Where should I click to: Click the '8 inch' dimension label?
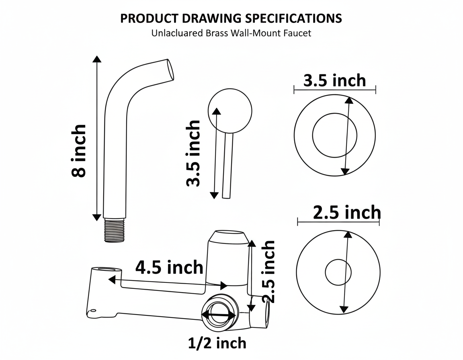pos(79,151)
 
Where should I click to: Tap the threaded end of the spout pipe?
pos(115,230)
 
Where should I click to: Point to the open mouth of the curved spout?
pos(170,70)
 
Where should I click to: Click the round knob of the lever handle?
pos(230,111)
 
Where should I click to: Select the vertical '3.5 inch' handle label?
pos(193,153)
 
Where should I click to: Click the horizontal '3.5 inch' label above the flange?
pos(334,80)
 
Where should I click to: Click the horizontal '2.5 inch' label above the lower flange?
pos(347,213)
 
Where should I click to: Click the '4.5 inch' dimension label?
pos(170,267)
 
